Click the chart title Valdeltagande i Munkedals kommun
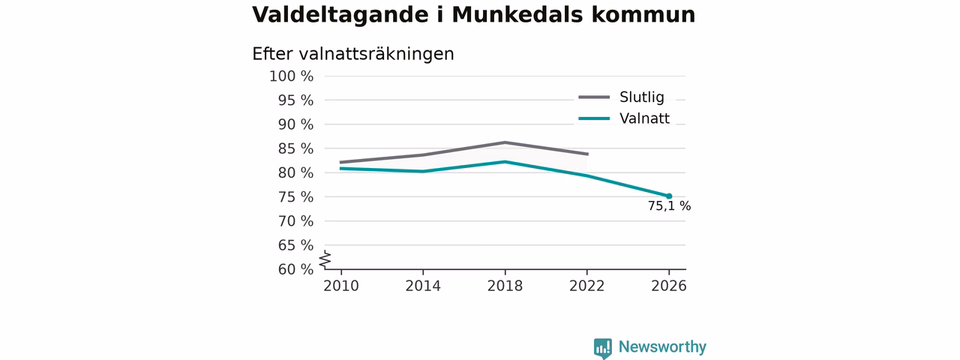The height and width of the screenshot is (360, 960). tap(473, 15)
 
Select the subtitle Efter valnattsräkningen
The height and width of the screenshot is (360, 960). tap(353, 55)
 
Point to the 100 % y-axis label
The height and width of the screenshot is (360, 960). tap(292, 76)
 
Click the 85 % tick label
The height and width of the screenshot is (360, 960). tap(295, 148)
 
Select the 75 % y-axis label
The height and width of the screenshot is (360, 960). tap(295, 197)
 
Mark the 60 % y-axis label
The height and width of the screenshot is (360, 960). tap(295, 269)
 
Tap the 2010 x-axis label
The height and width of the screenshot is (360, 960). tap(341, 286)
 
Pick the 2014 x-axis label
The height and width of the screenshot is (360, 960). tap(423, 286)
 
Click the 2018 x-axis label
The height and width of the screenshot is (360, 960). tap(505, 286)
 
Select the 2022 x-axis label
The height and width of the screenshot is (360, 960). tap(586, 286)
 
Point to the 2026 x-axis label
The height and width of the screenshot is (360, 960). tap(668, 286)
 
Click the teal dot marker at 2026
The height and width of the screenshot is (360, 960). tap(669, 196)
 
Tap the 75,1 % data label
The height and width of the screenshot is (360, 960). tap(670, 206)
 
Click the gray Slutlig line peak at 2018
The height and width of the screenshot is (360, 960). tap(505, 142)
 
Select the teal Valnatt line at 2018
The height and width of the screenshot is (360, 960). tap(505, 161)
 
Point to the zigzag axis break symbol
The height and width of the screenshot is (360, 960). tap(325, 259)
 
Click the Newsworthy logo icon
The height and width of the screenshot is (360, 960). tap(602, 348)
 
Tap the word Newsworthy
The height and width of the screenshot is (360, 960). tap(662, 346)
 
